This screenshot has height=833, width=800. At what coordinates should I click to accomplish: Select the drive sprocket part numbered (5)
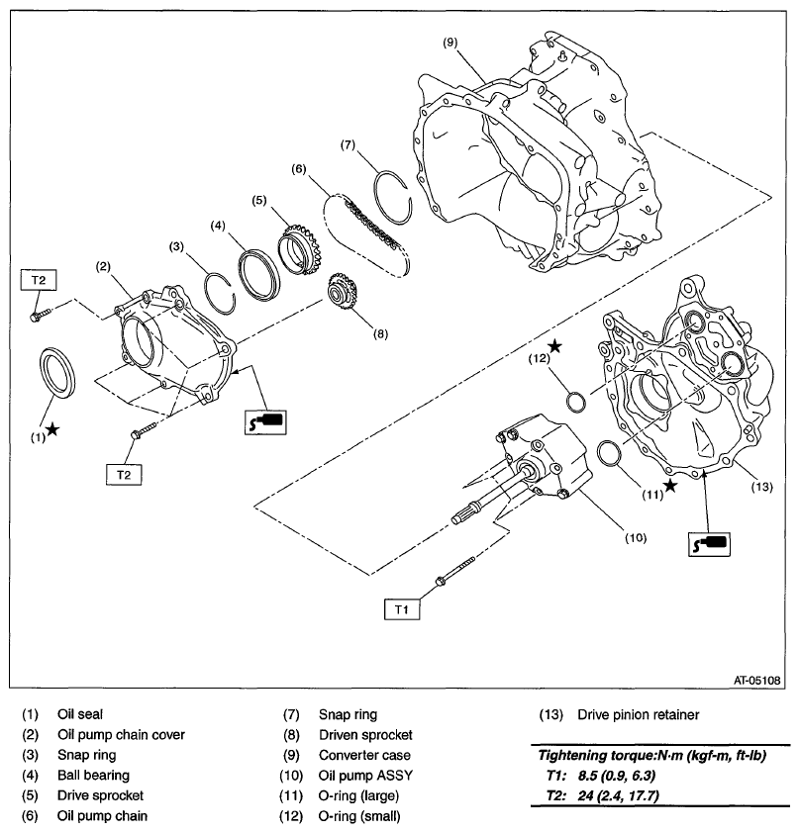point(297,249)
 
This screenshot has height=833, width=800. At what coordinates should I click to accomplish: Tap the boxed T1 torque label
point(402,609)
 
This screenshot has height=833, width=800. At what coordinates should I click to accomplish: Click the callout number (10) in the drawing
point(635,538)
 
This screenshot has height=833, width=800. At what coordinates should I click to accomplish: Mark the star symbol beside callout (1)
point(50,430)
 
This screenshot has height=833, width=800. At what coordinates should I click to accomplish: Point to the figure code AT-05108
point(757,680)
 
